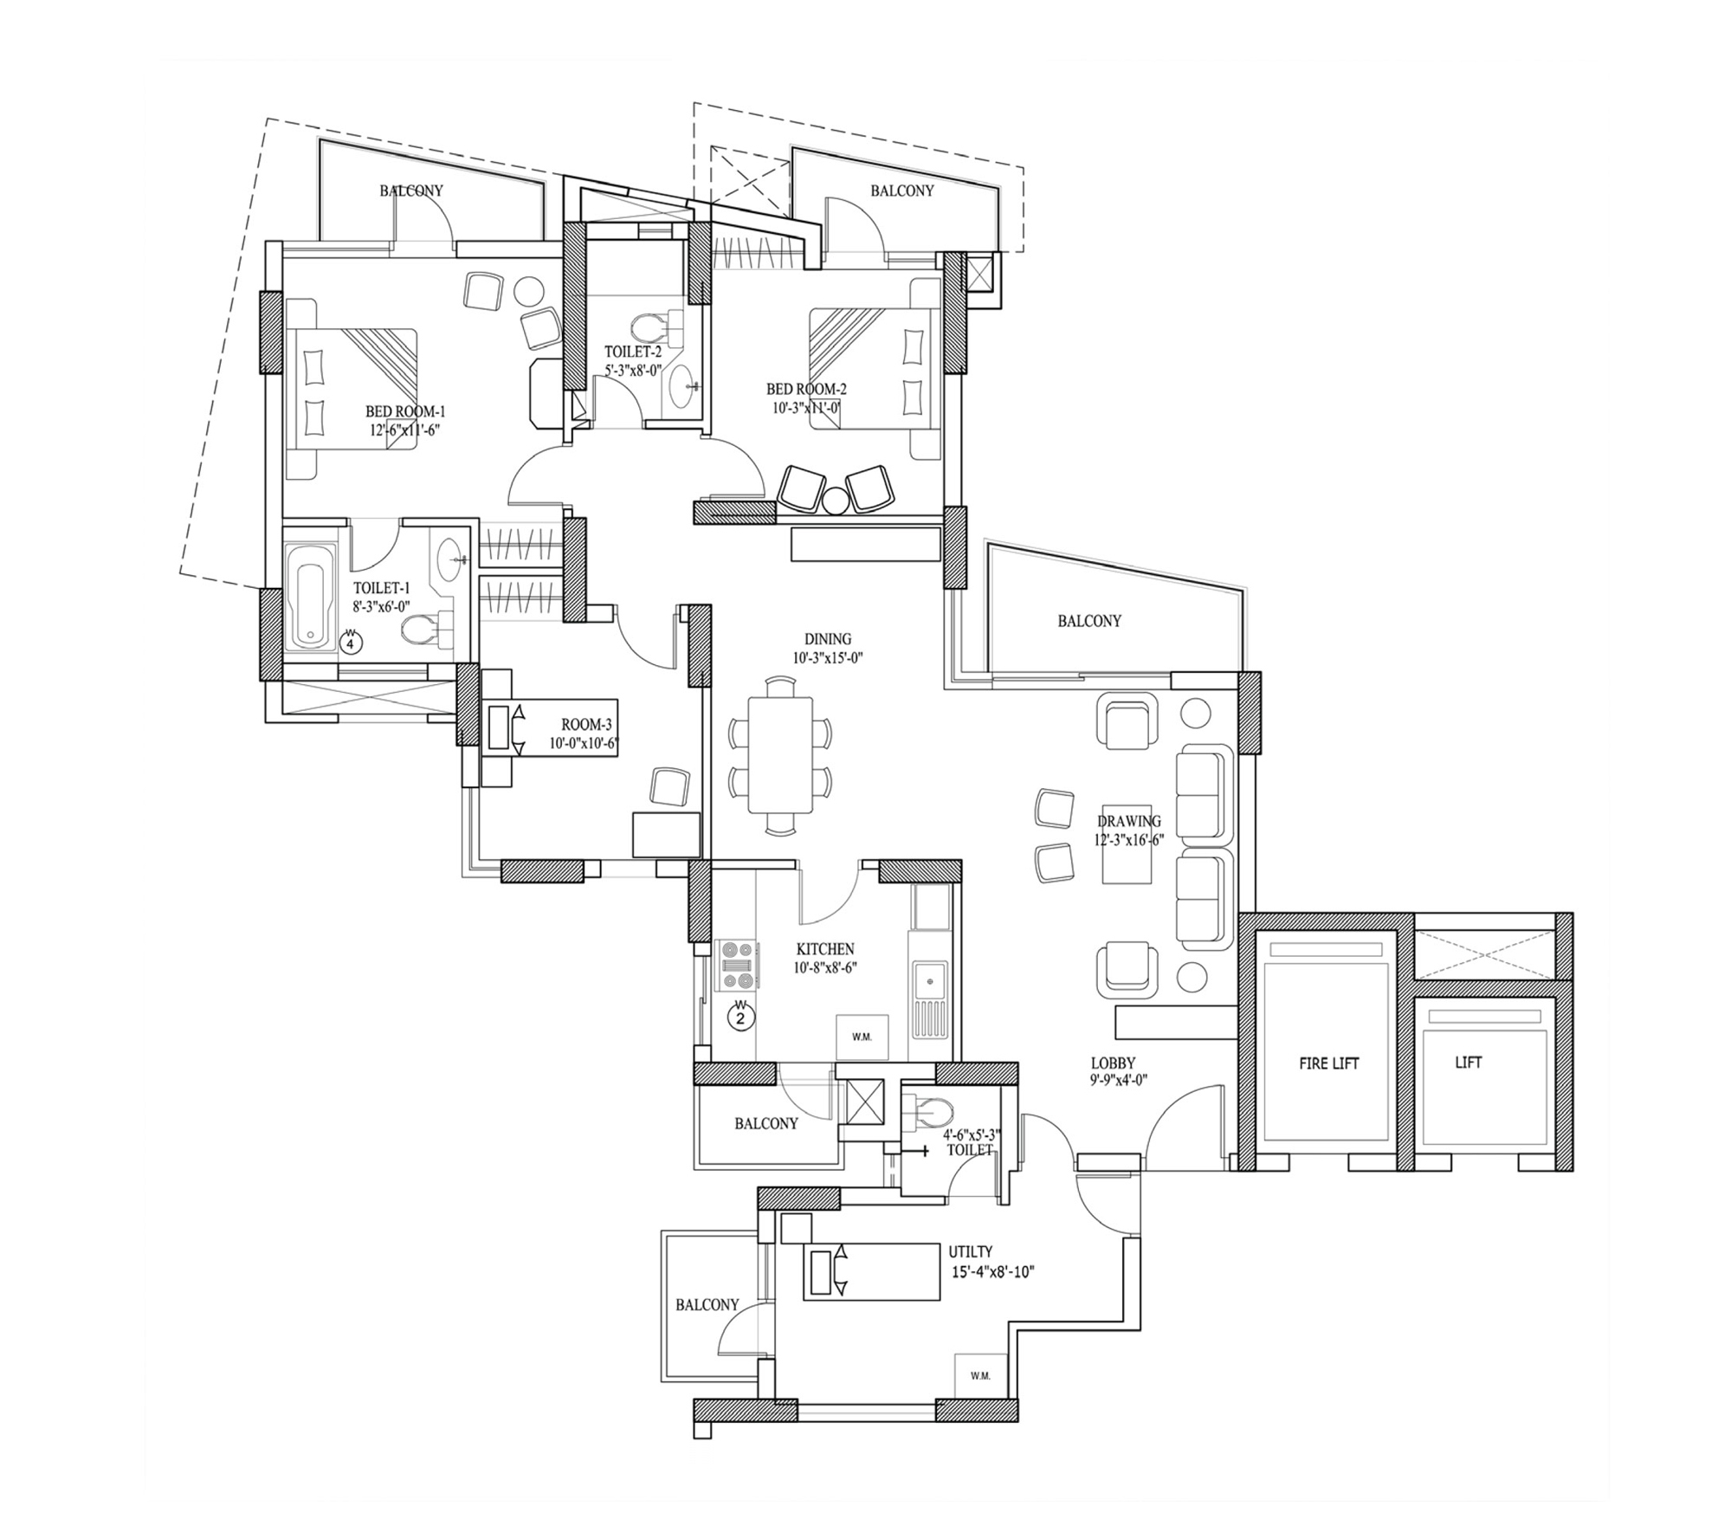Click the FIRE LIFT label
[x=1328, y=1063]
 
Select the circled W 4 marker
[x=351, y=643]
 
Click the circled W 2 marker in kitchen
[x=740, y=1016]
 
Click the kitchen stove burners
[x=738, y=965]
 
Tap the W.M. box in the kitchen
[x=862, y=1037]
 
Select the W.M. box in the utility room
[x=981, y=1376]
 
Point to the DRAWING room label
[x=1129, y=822]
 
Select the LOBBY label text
[x=1113, y=1063]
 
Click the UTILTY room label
[x=970, y=1252]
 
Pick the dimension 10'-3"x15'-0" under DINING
[x=828, y=657]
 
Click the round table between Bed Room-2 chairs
[x=836, y=501]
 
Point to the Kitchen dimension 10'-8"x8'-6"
[x=825, y=968]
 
